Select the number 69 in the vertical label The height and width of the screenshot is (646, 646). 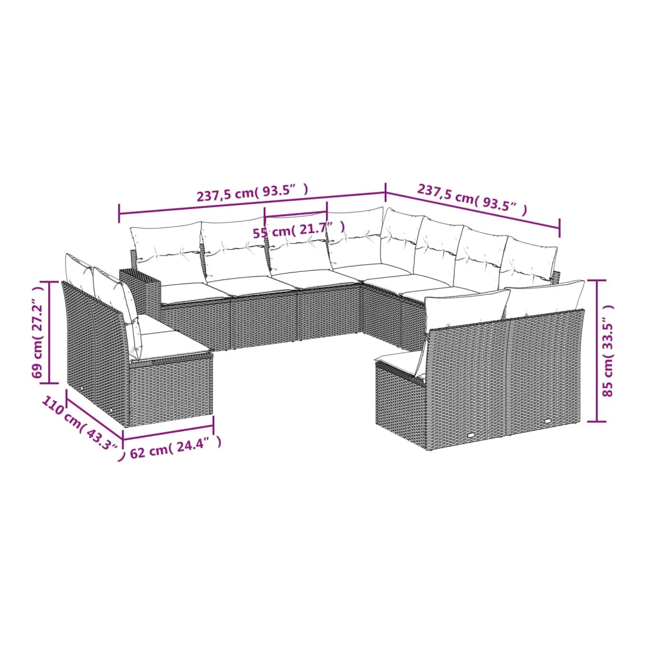click(x=36, y=371)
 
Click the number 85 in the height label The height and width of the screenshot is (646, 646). click(x=608, y=388)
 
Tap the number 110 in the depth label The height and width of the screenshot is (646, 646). click(x=53, y=405)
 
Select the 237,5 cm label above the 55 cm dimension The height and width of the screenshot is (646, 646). click(x=226, y=195)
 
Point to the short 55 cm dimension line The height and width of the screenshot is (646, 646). click(x=296, y=214)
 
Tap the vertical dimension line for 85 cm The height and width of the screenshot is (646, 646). click(x=596, y=351)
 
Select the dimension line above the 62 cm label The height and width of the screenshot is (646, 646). click(x=168, y=432)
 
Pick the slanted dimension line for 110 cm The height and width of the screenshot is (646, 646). click(x=95, y=414)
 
